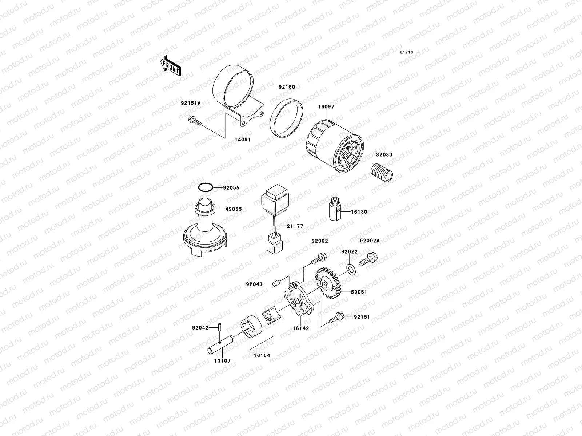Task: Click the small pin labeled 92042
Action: (x=220, y=327)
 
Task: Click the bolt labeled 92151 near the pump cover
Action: (x=336, y=319)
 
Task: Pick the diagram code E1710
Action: (x=407, y=52)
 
